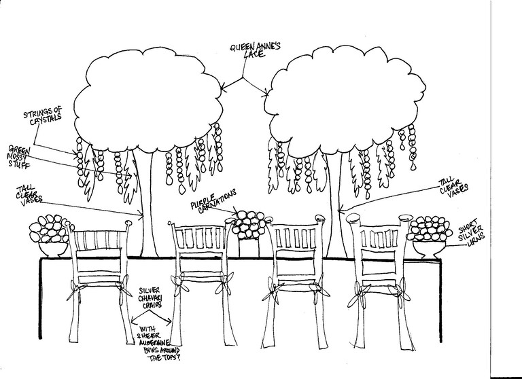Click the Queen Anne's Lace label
[255, 50]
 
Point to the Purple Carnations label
[213, 200]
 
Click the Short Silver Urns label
[471, 232]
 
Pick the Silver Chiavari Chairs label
[150, 297]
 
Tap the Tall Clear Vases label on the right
[453, 188]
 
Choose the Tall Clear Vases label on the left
[29, 196]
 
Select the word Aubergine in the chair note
[154, 343]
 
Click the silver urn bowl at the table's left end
[53, 249]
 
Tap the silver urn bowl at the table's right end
[429, 249]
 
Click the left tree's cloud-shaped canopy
[147, 100]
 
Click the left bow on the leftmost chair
[75, 290]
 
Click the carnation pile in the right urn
[430, 229]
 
